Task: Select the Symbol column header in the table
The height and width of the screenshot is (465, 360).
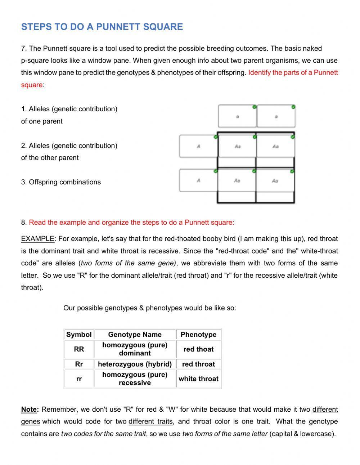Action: [x=79, y=334]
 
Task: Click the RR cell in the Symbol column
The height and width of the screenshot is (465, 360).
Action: [x=79, y=349]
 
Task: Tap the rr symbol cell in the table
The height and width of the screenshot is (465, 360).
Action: [x=79, y=379]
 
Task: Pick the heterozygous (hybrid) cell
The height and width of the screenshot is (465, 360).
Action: [x=135, y=364]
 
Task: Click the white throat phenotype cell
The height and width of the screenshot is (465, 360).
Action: [x=198, y=379]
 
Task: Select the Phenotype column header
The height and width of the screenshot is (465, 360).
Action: [x=198, y=334]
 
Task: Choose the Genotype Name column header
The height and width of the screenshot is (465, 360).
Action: [x=135, y=334]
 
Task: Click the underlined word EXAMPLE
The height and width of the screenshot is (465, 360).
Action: [x=37, y=239]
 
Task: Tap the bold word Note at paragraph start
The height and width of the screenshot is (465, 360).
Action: [x=29, y=410]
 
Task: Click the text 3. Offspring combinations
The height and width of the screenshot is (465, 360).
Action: [x=61, y=182]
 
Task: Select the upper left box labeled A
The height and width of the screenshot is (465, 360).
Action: [x=198, y=146]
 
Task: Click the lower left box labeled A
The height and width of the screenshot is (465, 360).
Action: [x=198, y=180]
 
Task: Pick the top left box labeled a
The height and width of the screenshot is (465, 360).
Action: [x=237, y=116]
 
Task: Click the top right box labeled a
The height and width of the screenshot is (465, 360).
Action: [x=276, y=116]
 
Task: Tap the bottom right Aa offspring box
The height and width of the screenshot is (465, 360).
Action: [x=275, y=180]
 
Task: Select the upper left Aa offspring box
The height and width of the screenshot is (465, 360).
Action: [x=237, y=146]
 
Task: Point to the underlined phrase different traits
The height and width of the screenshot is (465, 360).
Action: [x=150, y=421]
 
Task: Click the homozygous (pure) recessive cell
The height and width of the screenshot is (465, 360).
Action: [x=135, y=379]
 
